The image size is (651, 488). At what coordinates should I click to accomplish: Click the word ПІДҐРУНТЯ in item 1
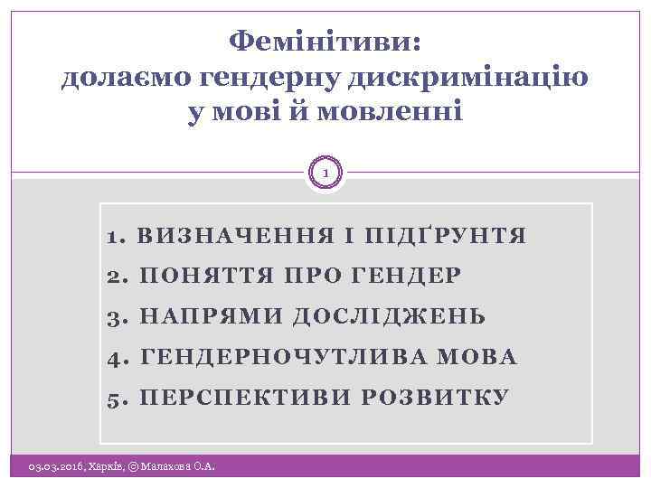(x=442, y=237)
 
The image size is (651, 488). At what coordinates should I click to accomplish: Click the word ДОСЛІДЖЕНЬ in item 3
(x=390, y=317)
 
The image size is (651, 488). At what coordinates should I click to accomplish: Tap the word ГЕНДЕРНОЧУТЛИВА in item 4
(x=280, y=358)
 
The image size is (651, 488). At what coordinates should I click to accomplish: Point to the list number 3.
(x=115, y=317)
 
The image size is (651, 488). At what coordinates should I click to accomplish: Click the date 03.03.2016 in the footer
(x=55, y=467)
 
